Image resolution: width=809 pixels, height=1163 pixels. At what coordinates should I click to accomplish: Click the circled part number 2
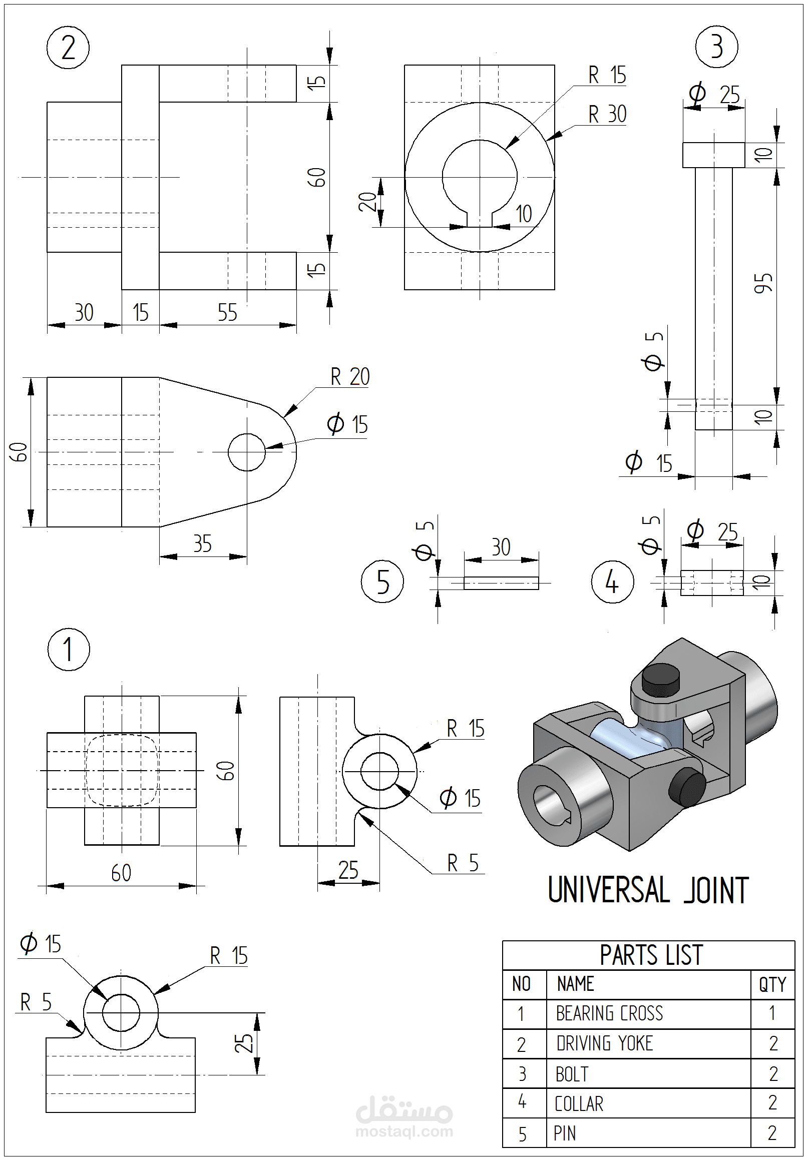68,48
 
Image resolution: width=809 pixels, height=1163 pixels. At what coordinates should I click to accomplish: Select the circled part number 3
716,47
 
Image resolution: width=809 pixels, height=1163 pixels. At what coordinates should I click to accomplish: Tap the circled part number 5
382,581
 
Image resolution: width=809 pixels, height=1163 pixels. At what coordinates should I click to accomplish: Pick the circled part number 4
612,581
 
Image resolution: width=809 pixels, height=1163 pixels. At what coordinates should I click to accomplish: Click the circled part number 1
69,650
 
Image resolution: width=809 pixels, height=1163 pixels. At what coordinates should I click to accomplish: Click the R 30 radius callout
607,115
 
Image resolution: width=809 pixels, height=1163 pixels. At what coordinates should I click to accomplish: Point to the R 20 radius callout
349,377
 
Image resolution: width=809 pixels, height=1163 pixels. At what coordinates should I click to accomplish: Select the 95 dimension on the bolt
763,283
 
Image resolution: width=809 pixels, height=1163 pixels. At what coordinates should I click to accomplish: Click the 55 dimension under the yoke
227,313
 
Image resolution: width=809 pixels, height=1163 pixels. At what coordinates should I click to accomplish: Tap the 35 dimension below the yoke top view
202,544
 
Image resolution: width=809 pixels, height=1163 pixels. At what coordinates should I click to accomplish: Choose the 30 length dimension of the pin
501,547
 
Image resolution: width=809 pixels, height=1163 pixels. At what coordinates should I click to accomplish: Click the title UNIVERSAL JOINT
648,890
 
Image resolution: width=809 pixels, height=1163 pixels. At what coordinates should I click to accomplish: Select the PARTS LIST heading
651,955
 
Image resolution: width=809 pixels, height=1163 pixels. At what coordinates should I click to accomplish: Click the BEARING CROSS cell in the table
609,1013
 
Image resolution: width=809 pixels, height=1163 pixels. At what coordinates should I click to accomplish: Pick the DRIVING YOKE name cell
604,1043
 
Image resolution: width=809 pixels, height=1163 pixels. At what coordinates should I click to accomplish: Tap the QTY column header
772,985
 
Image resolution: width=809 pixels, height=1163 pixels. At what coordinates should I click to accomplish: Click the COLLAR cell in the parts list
579,1104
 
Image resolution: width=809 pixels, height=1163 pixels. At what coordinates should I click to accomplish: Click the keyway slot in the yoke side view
479,218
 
